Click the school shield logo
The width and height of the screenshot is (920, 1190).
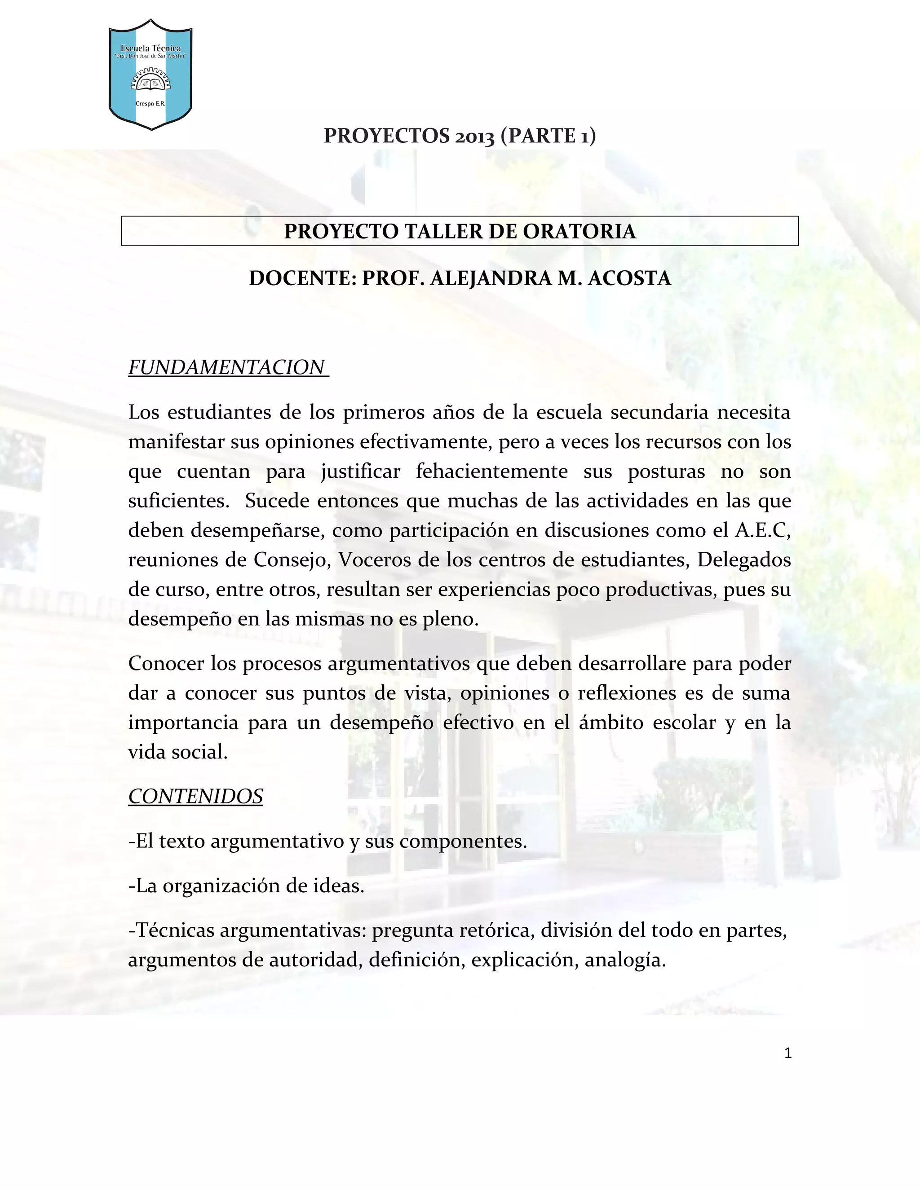(150, 75)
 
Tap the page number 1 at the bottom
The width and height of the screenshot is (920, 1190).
(787, 1053)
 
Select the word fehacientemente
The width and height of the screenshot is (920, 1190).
(491, 472)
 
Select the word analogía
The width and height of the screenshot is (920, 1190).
(625, 960)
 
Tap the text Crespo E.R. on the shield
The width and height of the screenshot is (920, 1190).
(150, 104)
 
